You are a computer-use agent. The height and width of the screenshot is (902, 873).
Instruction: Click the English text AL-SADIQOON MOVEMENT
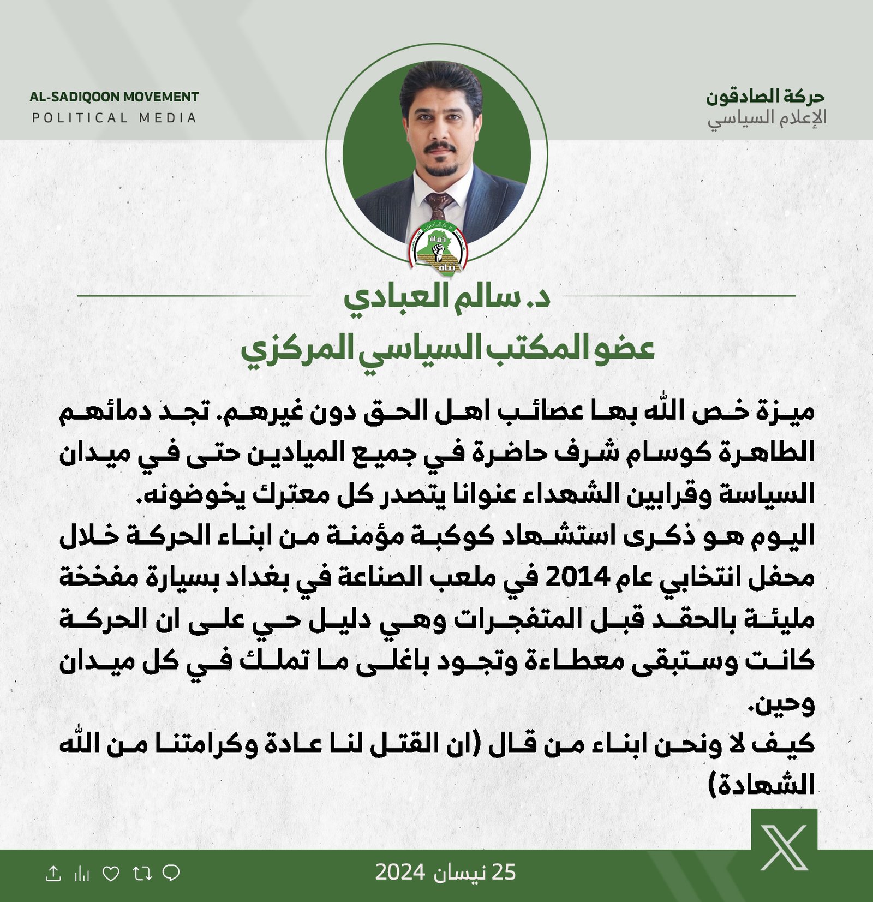click(114, 97)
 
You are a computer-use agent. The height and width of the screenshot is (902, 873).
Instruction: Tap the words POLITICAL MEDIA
click(114, 118)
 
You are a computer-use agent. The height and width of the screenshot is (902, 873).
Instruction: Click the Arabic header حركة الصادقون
click(765, 97)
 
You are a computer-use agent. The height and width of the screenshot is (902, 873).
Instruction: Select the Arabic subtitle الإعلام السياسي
click(767, 118)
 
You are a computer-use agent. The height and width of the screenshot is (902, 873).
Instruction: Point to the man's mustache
click(440, 148)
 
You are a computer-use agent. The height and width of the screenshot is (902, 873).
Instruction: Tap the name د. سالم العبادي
click(446, 297)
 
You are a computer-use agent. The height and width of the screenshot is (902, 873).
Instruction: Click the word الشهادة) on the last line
click(761, 785)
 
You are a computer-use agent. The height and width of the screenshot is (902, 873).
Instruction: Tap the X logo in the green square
click(784, 847)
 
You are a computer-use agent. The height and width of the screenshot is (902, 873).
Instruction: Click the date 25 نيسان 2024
click(445, 873)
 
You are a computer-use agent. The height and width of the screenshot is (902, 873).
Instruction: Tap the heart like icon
click(111, 874)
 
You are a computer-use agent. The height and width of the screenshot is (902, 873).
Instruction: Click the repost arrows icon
click(142, 874)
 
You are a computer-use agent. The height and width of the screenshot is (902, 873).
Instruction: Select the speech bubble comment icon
click(171, 873)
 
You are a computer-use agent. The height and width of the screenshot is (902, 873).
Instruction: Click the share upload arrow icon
click(53, 874)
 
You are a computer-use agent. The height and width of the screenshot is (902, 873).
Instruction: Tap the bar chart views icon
click(82, 874)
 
